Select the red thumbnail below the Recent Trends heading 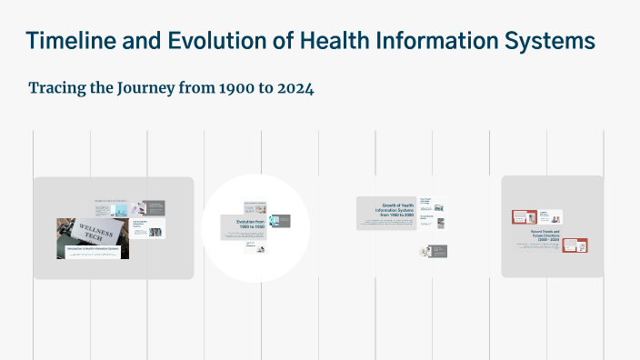pos(575,245)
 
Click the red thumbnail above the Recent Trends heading pos(524,216)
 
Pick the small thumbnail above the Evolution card pos(255,205)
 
